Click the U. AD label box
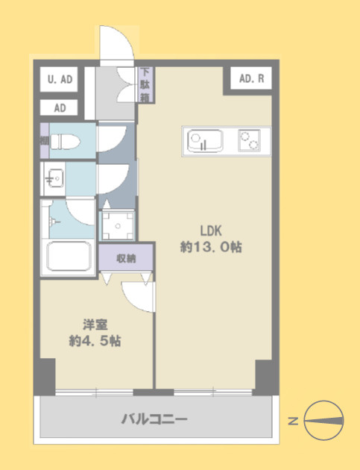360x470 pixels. (59, 79)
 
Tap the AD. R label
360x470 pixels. (252, 78)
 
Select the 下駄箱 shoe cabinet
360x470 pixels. (146, 85)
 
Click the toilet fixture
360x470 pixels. (65, 142)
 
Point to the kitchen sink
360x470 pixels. (205, 141)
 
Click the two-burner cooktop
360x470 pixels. (249, 140)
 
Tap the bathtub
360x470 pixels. (69, 257)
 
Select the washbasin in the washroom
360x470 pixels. (54, 178)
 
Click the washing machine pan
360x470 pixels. (118, 225)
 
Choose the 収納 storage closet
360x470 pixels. (126, 258)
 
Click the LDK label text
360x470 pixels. (211, 231)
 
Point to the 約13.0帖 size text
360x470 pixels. (211, 247)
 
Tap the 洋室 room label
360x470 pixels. (95, 325)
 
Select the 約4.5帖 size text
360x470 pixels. (95, 341)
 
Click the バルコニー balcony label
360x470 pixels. (154, 419)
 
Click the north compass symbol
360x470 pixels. (323, 420)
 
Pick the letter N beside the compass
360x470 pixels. (293, 422)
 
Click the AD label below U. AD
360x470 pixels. (60, 107)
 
